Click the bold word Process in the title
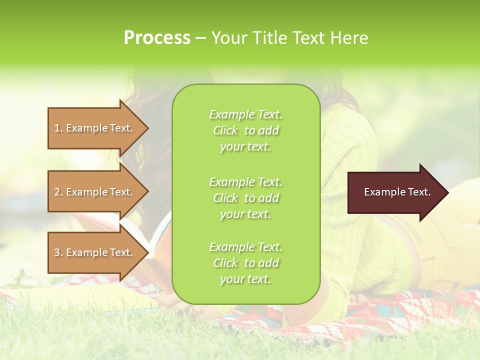[x=157, y=38]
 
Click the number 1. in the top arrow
[x=58, y=128]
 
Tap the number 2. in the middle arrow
[x=58, y=192]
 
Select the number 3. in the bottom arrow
[x=58, y=252]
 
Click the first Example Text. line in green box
[x=245, y=114]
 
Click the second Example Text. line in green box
[x=245, y=181]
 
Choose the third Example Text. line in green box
[x=245, y=247]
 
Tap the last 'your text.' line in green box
[x=245, y=279]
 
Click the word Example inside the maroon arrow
[x=382, y=192]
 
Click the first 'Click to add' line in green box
[x=245, y=130]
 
